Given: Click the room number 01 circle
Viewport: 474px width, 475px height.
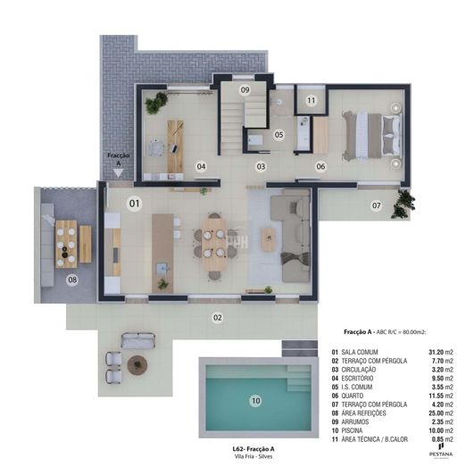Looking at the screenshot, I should (135, 204).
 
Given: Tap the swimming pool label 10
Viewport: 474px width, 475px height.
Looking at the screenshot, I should (255, 401).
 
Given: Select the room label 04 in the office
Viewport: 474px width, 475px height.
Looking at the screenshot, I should (202, 166).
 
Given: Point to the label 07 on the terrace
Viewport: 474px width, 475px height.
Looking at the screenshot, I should (377, 205).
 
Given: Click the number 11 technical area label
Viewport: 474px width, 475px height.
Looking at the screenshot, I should (311, 102).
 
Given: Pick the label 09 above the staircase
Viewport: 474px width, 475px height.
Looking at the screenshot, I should (245, 90).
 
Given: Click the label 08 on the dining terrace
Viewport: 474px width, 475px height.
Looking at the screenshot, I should (73, 279).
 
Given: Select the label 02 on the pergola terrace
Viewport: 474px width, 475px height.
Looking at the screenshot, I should (217, 317).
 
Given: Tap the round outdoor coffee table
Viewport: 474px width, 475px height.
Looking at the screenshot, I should (137, 364).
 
